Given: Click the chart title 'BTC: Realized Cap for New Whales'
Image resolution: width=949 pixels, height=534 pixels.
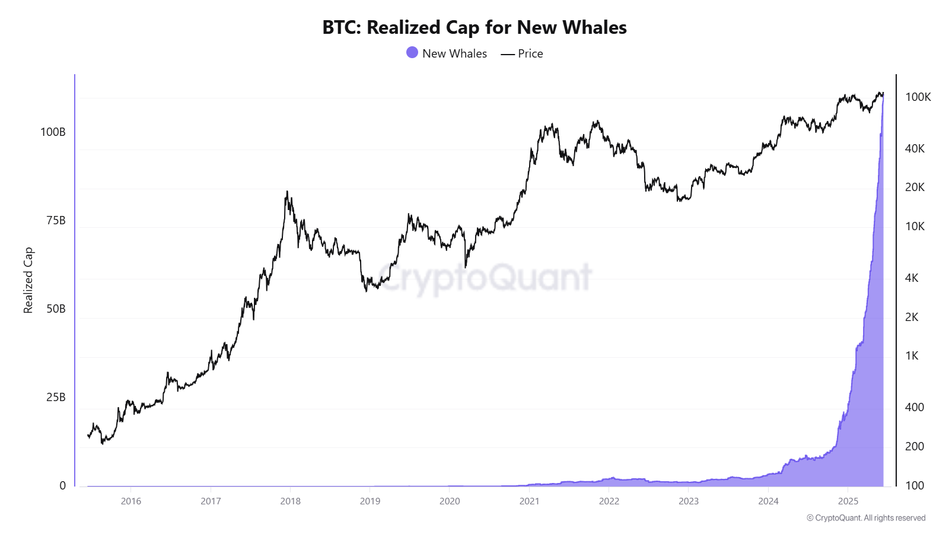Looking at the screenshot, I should coord(474,27).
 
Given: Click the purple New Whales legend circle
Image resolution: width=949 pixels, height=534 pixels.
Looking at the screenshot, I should coord(412,53).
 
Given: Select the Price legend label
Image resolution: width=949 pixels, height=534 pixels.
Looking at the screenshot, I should coord(530,53).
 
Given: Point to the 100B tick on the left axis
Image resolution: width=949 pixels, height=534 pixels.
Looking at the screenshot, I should coord(53,132).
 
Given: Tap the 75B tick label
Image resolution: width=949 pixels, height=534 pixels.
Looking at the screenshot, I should coord(56,220).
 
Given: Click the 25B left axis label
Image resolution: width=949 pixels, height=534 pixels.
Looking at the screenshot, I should coord(56,397).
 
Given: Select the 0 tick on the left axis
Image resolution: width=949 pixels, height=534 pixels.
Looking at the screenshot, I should coord(62,485).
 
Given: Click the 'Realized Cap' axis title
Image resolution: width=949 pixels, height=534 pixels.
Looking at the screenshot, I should coord(28,280).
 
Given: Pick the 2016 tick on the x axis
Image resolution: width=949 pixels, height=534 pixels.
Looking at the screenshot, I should coord(131,501).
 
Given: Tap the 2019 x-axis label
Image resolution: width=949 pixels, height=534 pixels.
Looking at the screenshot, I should coord(370,501).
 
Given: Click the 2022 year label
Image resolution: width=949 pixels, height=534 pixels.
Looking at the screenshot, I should coord(609,501).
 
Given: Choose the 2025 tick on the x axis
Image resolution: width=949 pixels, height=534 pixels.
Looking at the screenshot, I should coord(848,501).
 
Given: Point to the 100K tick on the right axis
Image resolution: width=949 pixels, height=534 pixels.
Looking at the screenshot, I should coord(918,97).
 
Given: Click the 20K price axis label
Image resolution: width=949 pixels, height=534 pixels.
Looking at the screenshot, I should coord(915,187).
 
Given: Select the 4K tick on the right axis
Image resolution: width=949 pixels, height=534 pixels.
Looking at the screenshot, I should coord(912,278).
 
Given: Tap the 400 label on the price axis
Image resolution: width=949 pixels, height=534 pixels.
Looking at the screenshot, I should coord(914,407).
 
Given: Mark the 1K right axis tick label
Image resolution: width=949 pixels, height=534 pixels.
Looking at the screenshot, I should coord(912,355).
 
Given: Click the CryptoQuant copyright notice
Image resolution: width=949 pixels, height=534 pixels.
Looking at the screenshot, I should coord(866,518).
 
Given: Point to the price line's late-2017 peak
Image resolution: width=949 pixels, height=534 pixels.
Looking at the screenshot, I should coord(287,192).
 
